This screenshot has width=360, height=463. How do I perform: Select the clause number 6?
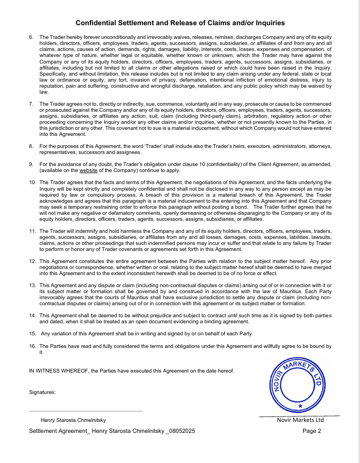(x=31, y=37)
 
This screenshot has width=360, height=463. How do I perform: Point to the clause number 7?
(x=31, y=103)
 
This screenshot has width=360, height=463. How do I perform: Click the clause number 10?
(x=32, y=181)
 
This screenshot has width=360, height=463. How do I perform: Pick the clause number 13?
(x=32, y=285)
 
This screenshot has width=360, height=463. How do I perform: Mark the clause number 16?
(x=32, y=346)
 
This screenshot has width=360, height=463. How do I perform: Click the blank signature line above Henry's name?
(x=85, y=411)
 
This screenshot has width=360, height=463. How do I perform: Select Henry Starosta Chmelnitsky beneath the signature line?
(x=73, y=420)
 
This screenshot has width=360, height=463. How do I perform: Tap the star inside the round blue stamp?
(x=300, y=405)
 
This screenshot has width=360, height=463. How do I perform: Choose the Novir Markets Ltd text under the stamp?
(x=300, y=420)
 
